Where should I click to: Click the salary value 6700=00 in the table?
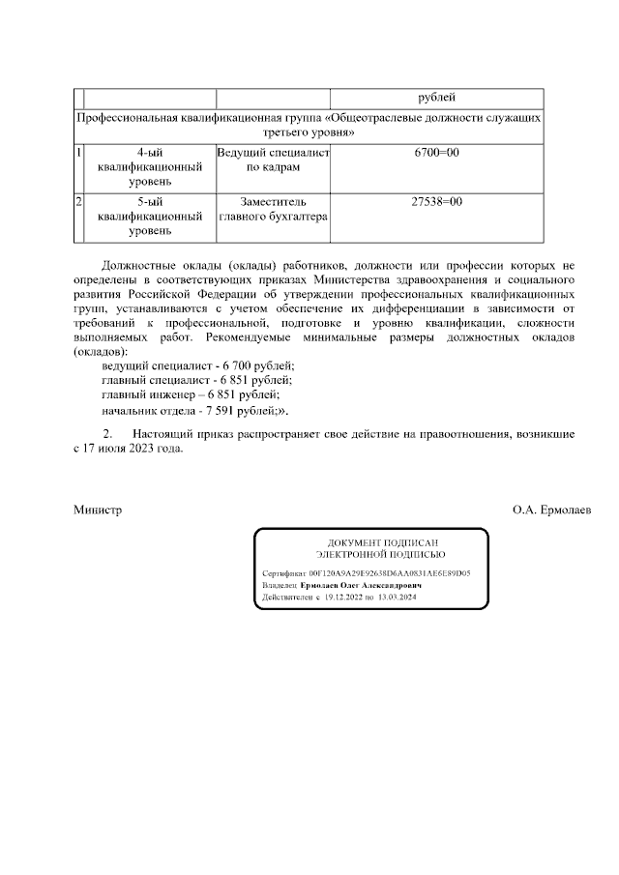[x=437, y=154]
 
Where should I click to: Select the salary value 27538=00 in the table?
[x=437, y=202]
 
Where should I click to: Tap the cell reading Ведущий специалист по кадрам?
[x=273, y=160]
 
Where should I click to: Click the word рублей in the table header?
[x=437, y=98]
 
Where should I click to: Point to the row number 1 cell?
[x=78, y=154]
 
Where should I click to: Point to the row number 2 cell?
[x=78, y=202]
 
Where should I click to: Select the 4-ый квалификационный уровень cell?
[x=149, y=167]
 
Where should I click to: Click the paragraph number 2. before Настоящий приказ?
[x=108, y=434]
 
